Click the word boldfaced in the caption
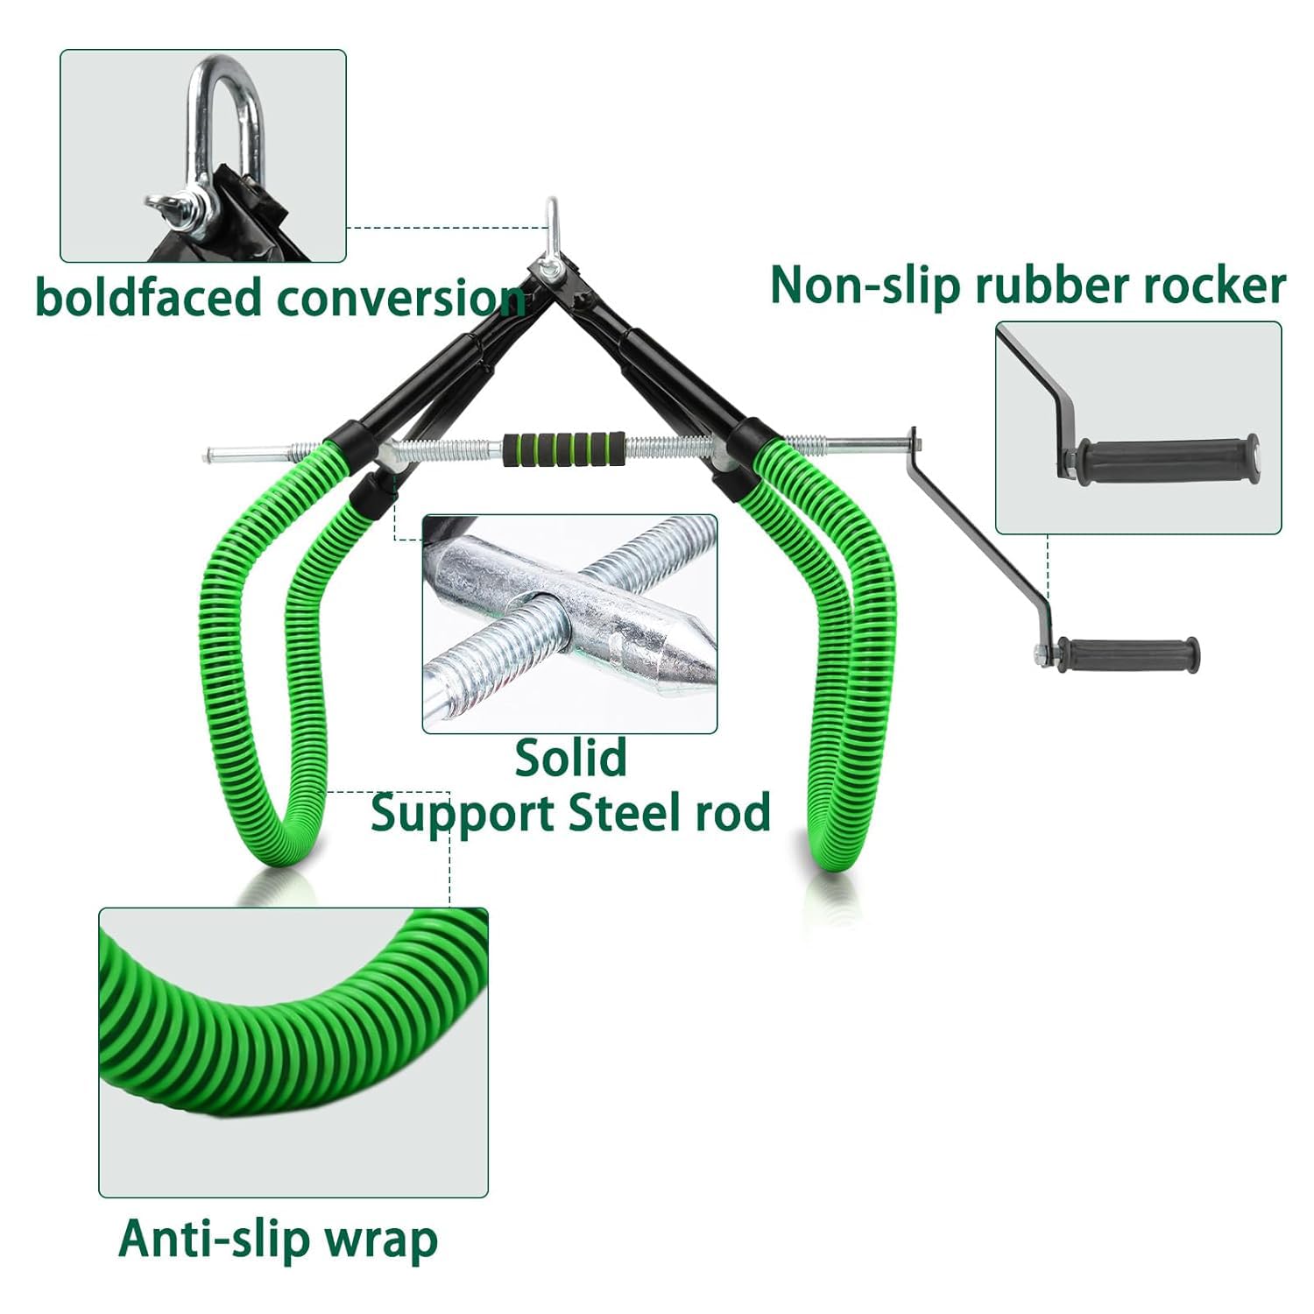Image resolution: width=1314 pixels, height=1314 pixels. click(x=150, y=297)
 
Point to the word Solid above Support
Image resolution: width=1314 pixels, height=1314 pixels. click(x=570, y=757)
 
